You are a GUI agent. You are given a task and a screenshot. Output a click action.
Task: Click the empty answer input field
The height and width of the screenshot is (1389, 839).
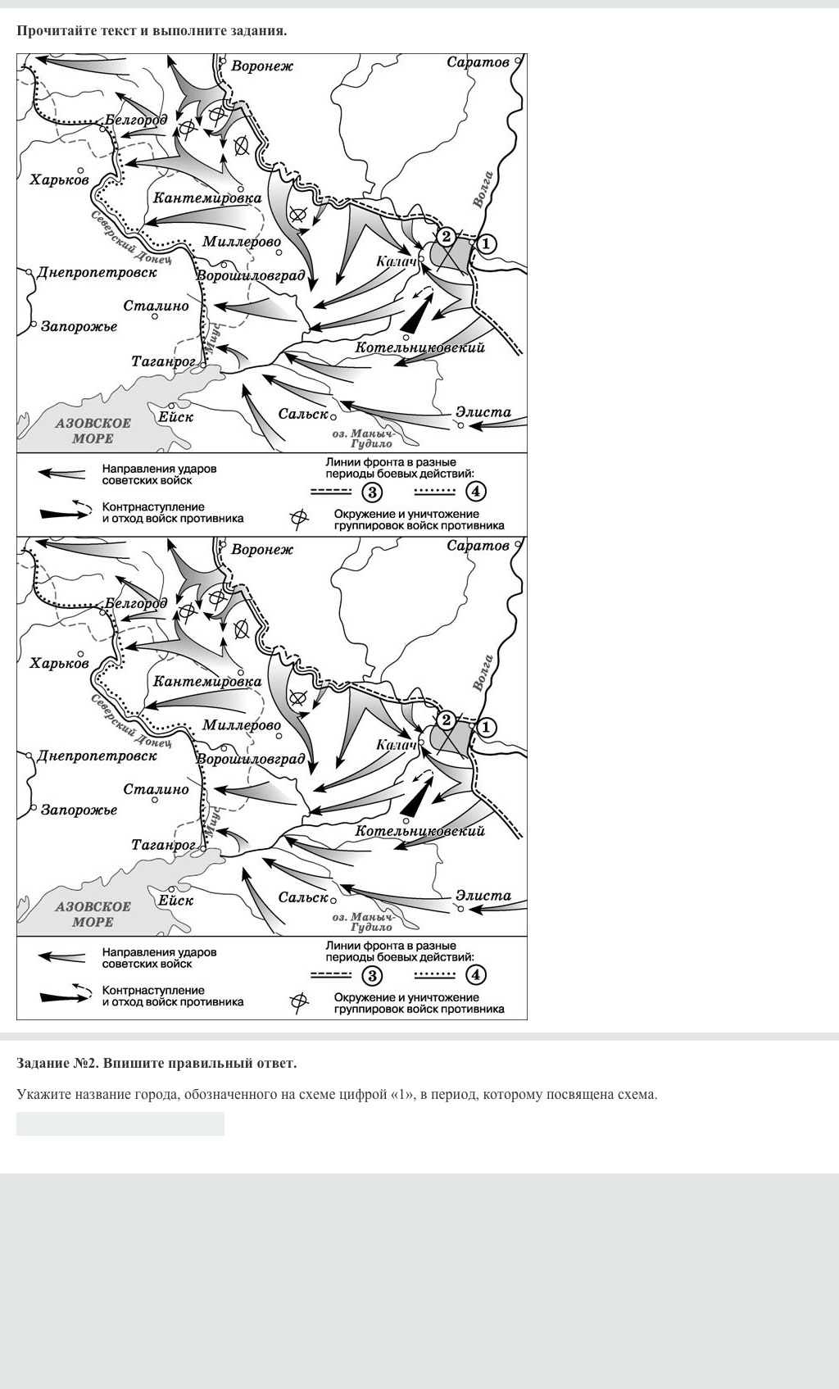click(120, 1123)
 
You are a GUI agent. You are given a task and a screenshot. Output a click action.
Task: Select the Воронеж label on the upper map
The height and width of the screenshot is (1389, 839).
click(262, 66)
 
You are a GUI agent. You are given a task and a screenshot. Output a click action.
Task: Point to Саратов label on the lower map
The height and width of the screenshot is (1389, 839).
click(478, 546)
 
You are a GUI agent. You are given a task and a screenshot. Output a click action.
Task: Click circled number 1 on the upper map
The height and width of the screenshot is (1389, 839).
click(487, 243)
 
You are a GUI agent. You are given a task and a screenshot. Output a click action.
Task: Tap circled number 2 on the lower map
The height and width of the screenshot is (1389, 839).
click(446, 720)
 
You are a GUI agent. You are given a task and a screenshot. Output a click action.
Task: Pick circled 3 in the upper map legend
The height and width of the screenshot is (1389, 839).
click(373, 492)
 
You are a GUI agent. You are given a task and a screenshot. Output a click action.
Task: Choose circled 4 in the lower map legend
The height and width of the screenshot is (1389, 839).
click(476, 974)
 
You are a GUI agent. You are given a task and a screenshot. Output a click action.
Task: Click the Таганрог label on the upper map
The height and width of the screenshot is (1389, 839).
click(163, 361)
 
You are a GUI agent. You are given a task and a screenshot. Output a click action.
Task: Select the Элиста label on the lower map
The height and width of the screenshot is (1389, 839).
click(483, 896)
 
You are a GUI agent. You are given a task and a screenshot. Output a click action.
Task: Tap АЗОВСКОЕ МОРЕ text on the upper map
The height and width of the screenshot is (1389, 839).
click(93, 430)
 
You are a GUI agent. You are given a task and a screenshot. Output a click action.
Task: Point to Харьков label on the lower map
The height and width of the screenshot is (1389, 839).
click(59, 663)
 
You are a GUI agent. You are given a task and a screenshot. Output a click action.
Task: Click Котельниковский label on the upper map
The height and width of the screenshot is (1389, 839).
click(419, 347)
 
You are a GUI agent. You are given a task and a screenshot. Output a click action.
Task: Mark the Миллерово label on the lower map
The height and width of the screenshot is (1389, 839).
click(241, 725)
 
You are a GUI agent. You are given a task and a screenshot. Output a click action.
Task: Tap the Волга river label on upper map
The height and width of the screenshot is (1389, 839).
click(483, 189)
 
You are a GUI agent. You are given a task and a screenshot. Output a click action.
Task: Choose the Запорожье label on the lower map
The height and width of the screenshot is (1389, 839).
click(79, 810)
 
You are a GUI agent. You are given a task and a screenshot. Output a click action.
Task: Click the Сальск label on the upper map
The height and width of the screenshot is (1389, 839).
click(302, 415)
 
